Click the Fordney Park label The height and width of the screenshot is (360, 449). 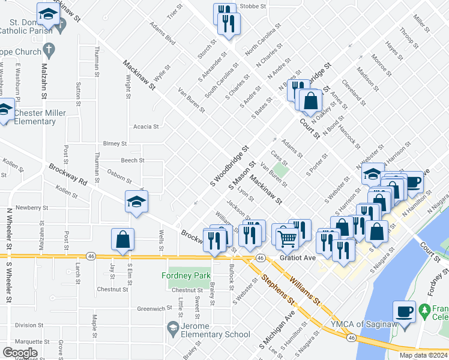186,275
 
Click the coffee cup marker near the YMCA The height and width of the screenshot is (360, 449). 403,313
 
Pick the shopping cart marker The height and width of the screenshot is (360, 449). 288,238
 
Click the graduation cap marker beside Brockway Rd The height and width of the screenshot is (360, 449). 136,202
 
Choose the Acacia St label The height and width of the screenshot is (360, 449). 146,127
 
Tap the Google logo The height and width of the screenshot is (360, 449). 20,353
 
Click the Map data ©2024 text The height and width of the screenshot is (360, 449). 423,355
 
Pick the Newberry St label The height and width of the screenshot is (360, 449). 28,208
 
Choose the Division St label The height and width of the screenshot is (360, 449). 26,325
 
